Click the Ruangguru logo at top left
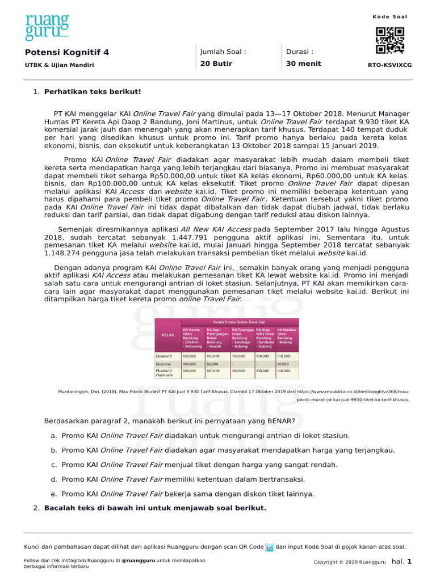click(x=47, y=28)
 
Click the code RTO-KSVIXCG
click(x=390, y=65)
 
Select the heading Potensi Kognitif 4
click(x=67, y=52)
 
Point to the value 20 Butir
click(x=216, y=64)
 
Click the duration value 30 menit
click(x=303, y=64)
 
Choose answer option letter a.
click(x=53, y=436)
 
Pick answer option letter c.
click(x=53, y=465)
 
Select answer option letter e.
click(x=53, y=494)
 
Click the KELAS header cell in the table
click(x=167, y=335)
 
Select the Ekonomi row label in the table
click(x=164, y=364)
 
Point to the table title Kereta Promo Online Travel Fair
click(x=227, y=322)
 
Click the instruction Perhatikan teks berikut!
click(x=93, y=91)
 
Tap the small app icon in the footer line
click(x=270, y=547)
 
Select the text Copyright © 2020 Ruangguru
click(x=350, y=562)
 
